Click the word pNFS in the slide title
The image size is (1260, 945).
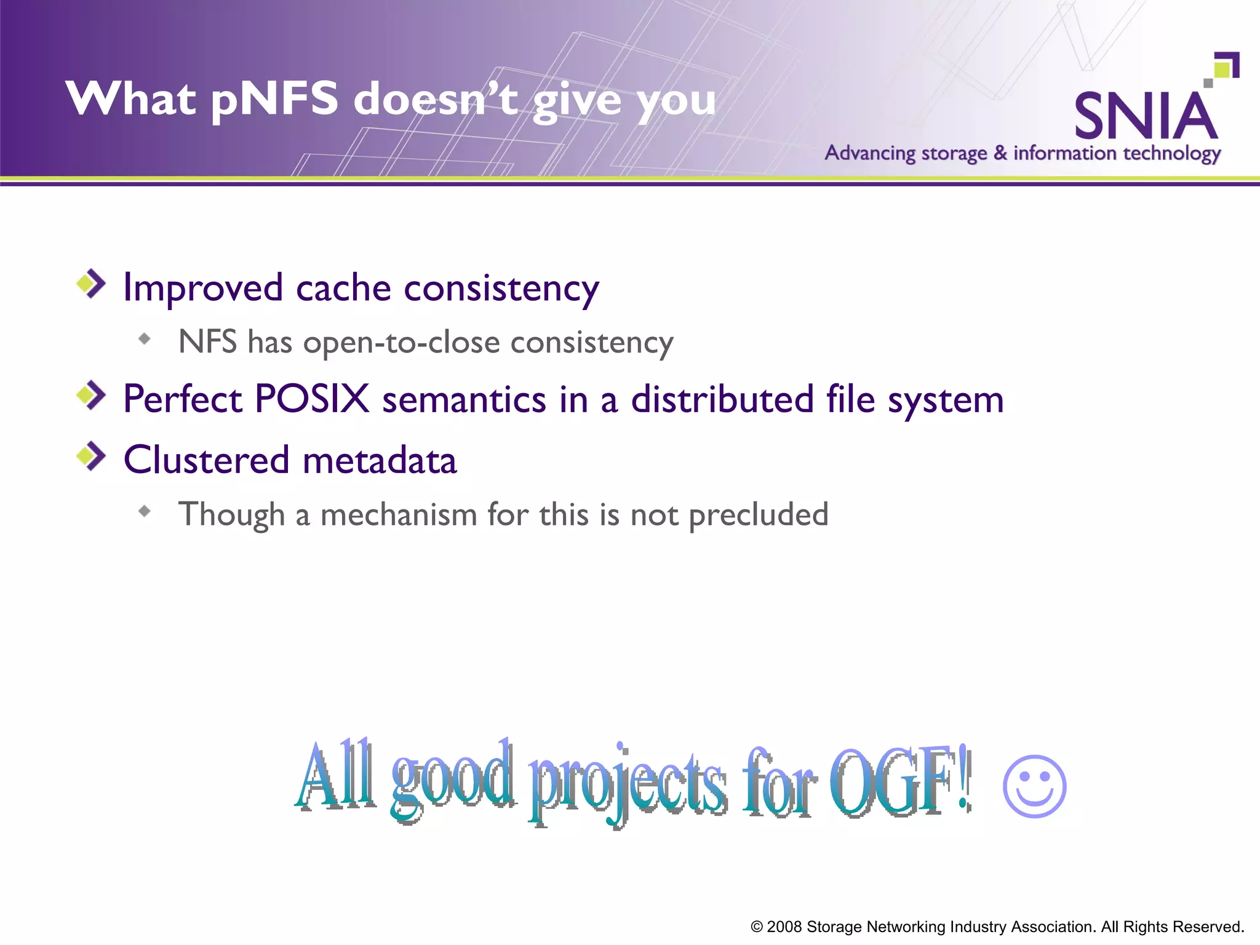click(x=274, y=100)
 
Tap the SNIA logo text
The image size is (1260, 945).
click(x=1146, y=117)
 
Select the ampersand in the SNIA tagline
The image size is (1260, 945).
click(x=1000, y=153)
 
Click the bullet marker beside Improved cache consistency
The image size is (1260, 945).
click(x=91, y=284)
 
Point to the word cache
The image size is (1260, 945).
click(x=343, y=288)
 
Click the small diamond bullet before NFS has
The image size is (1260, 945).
click(x=145, y=338)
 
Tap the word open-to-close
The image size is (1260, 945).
click(x=401, y=342)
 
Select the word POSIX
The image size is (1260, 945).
click(x=311, y=399)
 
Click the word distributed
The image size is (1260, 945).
click(x=722, y=399)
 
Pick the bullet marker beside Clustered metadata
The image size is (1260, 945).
click(x=91, y=456)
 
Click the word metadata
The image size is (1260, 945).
click(x=380, y=460)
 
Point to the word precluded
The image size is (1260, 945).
click(x=758, y=515)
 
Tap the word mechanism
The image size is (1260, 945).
click(x=399, y=515)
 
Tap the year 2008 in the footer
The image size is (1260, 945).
click(x=784, y=927)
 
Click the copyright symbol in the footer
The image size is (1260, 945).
click(x=757, y=927)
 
